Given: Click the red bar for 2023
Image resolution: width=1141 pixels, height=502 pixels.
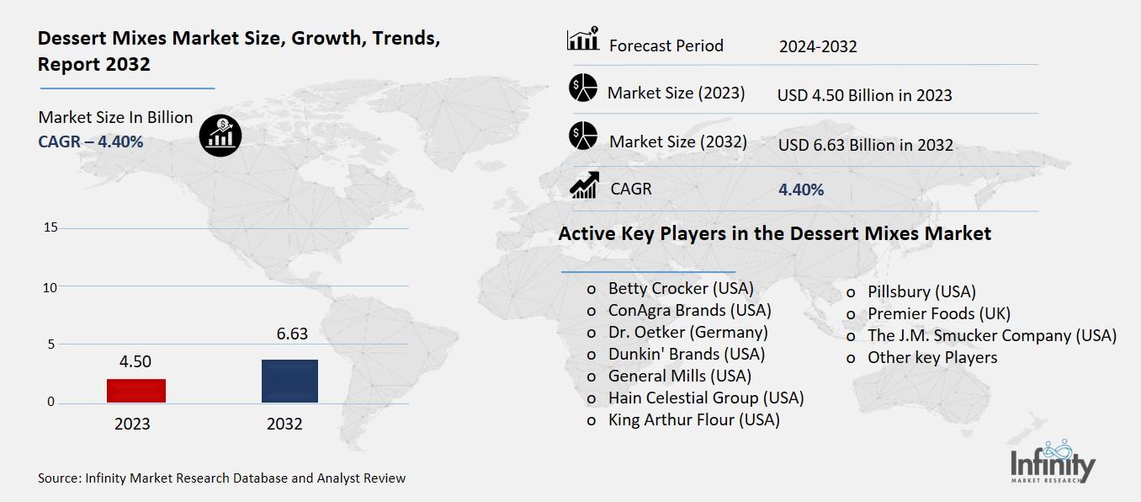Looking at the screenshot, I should tap(136, 390).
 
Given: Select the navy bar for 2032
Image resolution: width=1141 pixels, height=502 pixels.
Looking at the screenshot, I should tap(289, 381).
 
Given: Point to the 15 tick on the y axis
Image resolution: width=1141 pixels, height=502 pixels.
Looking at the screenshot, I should tap(50, 227).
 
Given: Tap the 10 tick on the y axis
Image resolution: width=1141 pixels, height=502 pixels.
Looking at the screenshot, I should tap(50, 287).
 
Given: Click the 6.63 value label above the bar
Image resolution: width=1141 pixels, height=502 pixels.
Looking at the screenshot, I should tap(292, 334).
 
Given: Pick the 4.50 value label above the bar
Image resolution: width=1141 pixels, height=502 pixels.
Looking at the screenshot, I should tap(135, 361).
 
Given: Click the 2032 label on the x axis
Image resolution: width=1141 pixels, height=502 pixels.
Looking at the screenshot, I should tap(284, 424).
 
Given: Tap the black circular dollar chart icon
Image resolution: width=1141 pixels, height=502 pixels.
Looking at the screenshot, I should tap(220, 136).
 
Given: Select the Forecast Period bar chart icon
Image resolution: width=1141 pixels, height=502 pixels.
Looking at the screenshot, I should tap(583, 40).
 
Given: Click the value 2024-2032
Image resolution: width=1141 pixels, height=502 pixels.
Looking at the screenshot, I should tap(818, 46).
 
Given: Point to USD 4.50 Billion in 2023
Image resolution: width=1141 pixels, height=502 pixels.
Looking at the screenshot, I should tap(864, 95).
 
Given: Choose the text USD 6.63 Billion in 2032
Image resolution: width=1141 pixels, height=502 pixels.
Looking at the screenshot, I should tap(865, 145).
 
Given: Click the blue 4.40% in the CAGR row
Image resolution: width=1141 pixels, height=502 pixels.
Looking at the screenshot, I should tap(801, 190).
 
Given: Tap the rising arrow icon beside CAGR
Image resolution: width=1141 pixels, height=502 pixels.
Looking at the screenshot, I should tap(584, 185).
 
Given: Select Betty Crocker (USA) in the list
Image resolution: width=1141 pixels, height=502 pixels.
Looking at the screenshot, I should tap(681, 288).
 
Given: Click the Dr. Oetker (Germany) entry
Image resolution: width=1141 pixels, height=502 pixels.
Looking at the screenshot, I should tap(687, 332).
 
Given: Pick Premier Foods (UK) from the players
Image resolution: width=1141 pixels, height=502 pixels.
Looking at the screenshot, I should tap(939, 313).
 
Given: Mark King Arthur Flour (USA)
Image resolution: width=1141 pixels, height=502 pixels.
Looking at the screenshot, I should tap(693, 419).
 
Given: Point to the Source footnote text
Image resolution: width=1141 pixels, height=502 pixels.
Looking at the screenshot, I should tap(221, 478).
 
